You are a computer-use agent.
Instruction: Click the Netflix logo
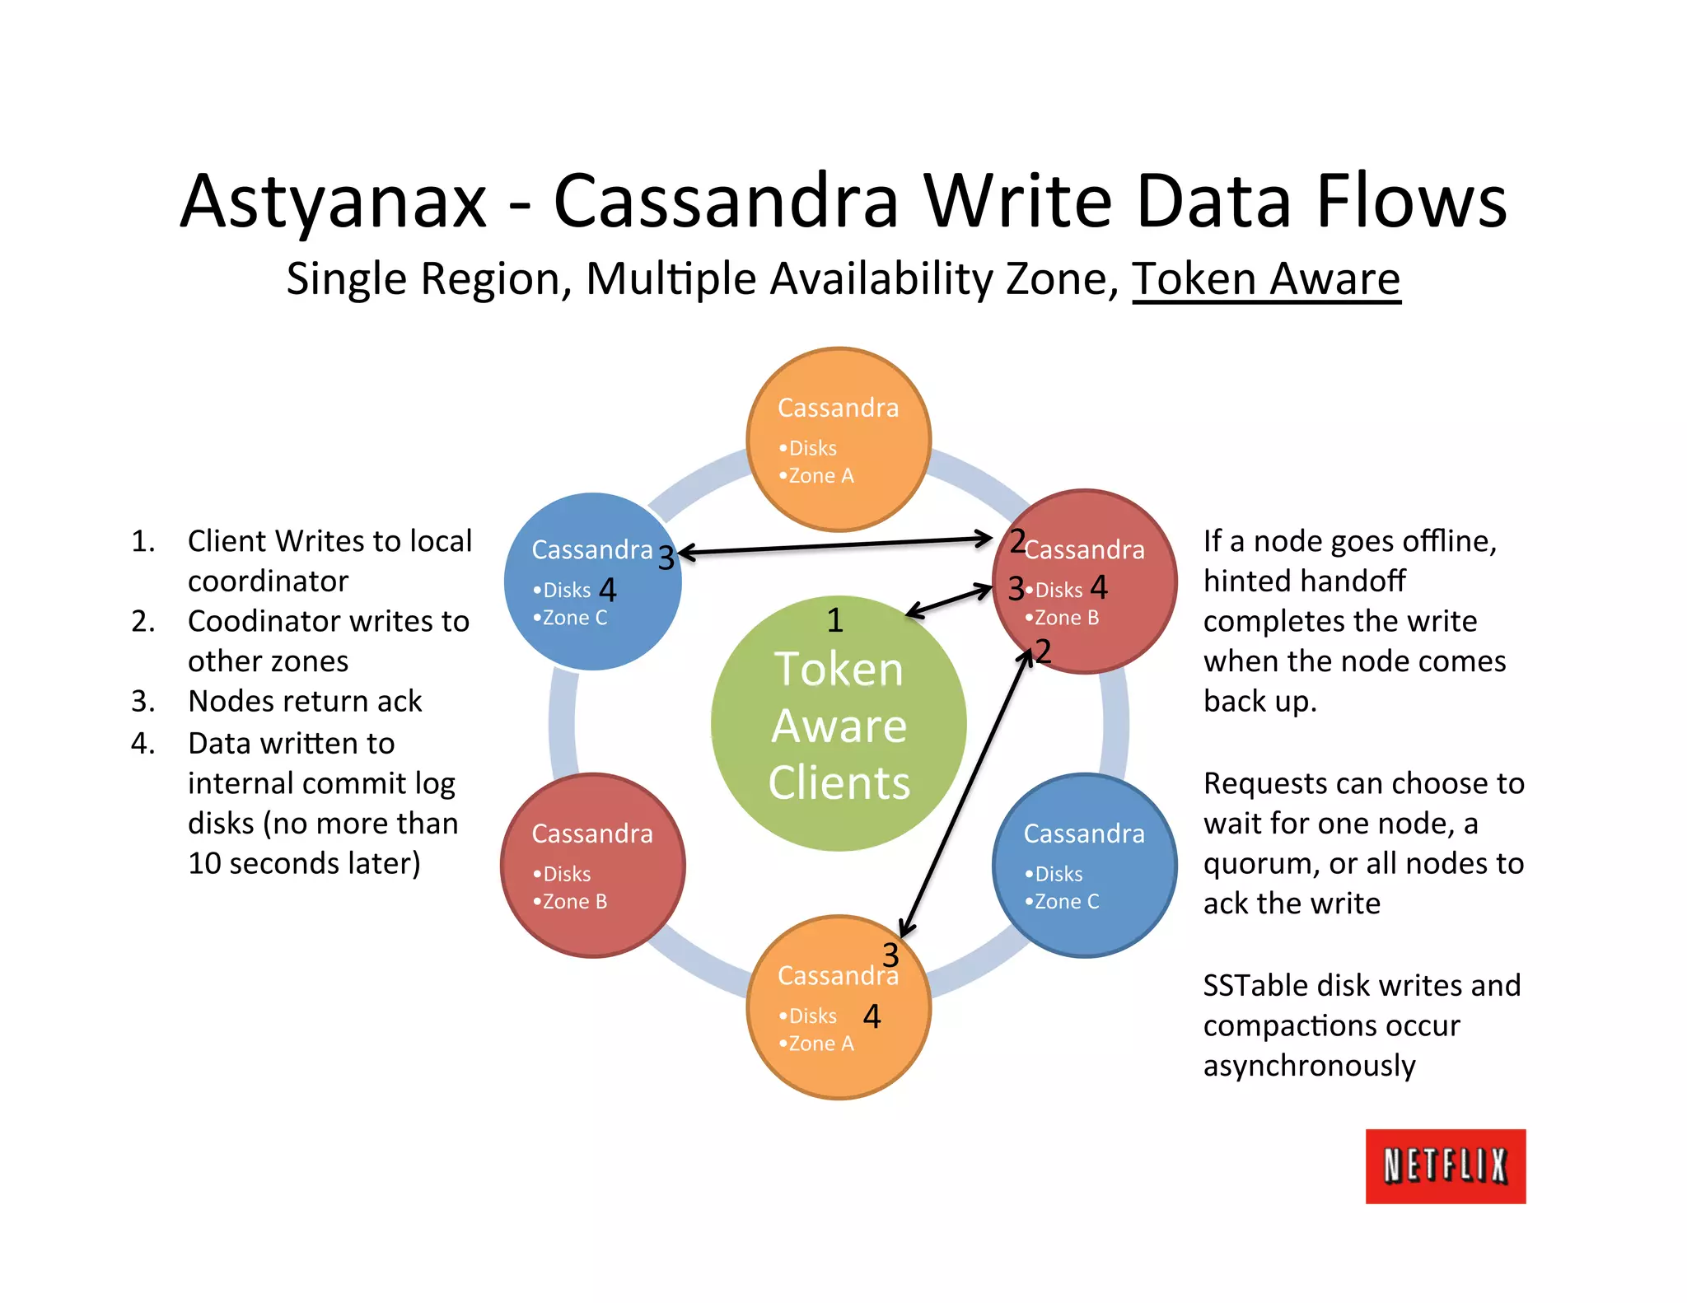pyautogui.click(x=1445, y=1165)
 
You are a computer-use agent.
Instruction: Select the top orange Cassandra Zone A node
pyautogui.click(x=839, y=439)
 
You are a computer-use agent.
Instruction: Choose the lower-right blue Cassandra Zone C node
pyautogui.click(x=1085, y=865)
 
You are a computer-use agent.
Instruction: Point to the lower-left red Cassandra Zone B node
pyautogui.click(x=592, y=865)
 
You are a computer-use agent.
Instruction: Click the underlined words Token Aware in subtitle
pyautogui.click(x=1266, y=279)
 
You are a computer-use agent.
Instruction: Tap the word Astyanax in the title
pyautogui.click(x=334, y=202)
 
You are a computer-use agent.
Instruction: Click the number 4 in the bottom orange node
pyautogui.click(x=872, y=1016)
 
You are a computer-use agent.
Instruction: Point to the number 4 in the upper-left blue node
pyautogui.click(x=608, y=590)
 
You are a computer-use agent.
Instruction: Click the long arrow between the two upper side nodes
pyautogui.click(x=836, y=546)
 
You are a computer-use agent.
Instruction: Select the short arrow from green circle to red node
pyautogui.click(x=950, y=600)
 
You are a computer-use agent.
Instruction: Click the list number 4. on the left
pyautogui.click(x=143, y=744)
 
